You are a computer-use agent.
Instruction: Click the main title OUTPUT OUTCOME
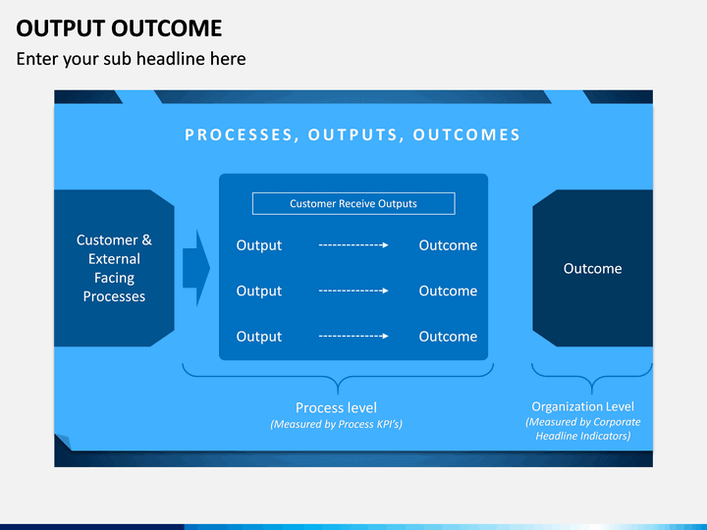(119, 28)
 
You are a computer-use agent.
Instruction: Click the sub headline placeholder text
(132, 59)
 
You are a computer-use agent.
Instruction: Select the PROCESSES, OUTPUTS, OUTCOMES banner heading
(353, 134)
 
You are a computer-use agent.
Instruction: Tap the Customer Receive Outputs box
(353, 204)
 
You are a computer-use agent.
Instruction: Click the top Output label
(259, 245)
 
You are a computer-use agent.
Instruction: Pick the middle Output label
(259, 291)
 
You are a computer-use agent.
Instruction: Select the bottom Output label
(259, 337)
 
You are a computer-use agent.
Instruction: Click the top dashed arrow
(353, 245)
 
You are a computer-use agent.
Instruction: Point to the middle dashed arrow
(353, 291)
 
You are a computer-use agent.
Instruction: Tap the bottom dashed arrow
(353, 337)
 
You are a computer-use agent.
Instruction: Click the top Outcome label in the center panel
(448, 245)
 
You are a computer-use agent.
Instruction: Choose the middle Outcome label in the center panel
(448, 291)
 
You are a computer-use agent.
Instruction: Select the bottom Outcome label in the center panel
(448, 337)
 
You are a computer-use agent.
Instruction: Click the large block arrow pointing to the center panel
(195, 268)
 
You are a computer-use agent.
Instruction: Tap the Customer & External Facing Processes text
(114, 268)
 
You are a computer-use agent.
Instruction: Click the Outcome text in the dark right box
(592, 269)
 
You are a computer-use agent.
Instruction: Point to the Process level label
(337, 408)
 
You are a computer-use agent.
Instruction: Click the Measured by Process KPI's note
(337, 424)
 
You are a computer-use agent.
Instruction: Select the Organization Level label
(582, 406)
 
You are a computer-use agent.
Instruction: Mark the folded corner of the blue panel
(63, 442)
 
